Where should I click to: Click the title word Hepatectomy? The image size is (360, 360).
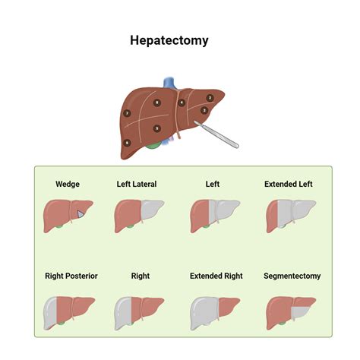coord(169,40)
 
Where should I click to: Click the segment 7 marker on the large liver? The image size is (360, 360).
coord(127,113)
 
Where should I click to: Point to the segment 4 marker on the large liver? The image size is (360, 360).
coord(182,103)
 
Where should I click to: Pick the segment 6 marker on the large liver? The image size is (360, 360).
coord(127,142)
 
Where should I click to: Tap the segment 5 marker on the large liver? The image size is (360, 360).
coord(156,128)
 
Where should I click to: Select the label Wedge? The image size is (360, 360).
coord(68,184)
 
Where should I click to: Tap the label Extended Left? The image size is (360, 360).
coord(288,184)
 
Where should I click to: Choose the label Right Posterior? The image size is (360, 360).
coord(71,276)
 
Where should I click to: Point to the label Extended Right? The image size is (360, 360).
coord(216,276)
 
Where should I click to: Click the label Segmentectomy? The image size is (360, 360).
coord(292,276)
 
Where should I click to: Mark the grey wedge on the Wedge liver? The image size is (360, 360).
coord(79,213)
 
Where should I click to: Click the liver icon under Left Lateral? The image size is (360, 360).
coord(139,215)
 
